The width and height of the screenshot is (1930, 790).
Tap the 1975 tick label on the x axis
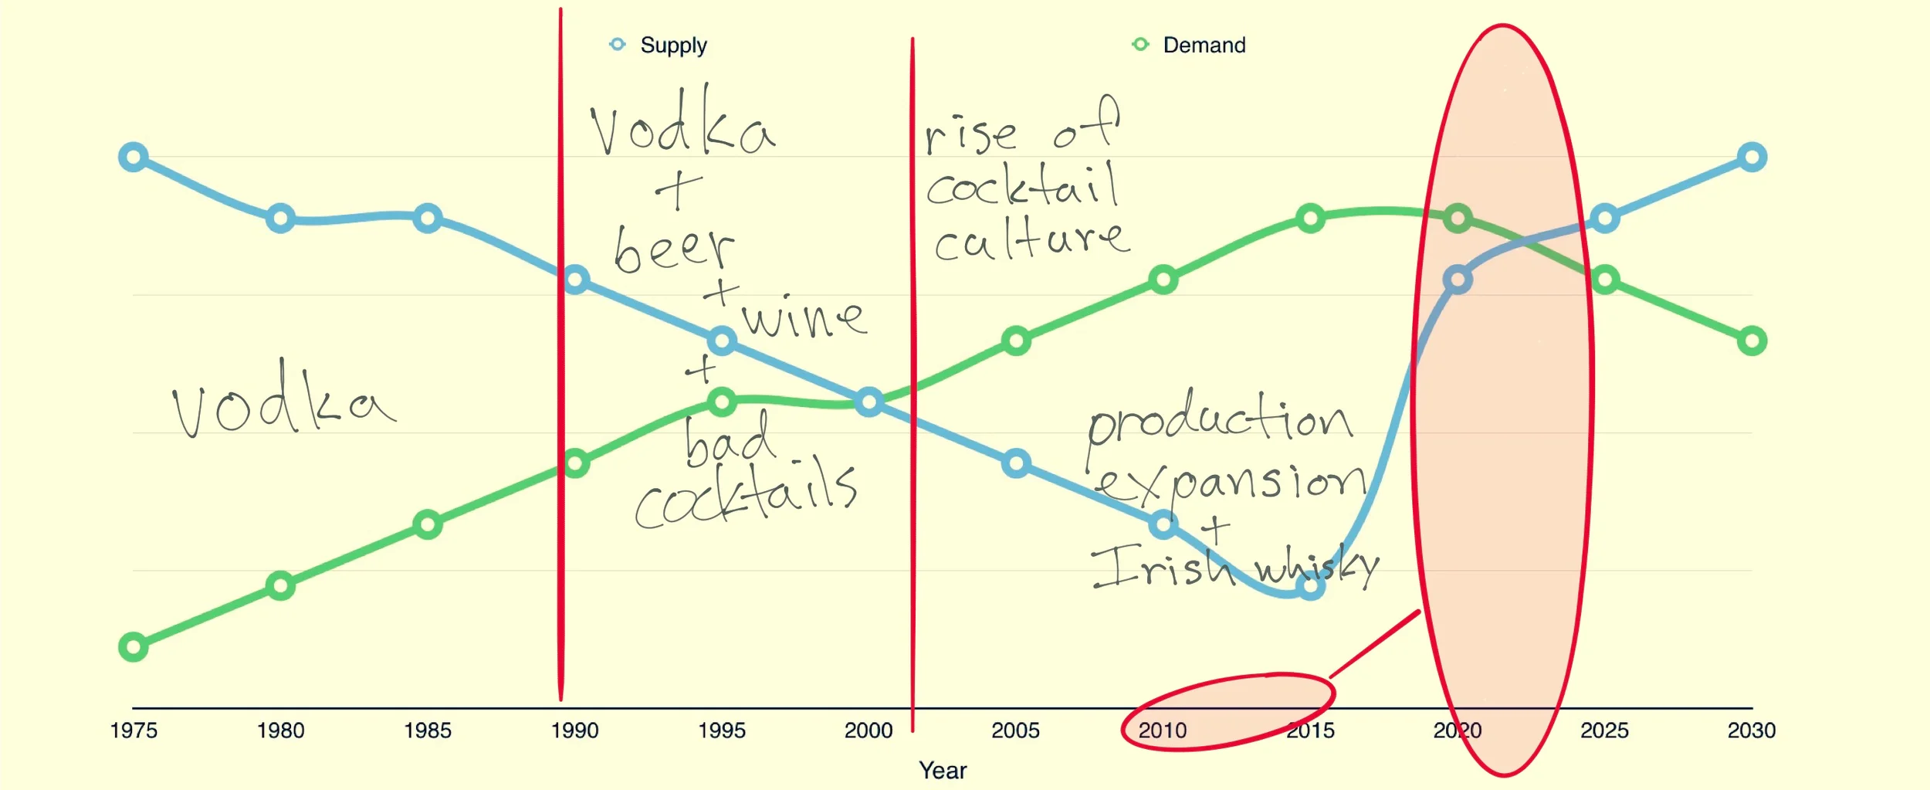(134, 730)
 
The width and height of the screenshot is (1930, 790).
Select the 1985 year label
(428, 730)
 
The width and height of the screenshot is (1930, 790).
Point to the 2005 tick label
(1015, 730)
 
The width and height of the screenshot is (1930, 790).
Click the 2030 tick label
(1751, 730)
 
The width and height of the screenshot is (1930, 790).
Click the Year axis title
(942, 770)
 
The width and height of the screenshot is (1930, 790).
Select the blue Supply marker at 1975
(134, 157)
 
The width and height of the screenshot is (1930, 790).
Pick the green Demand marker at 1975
(134, 646)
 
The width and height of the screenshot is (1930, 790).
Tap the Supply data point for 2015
(1310, 586)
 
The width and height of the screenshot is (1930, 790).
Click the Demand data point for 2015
(1310, 219)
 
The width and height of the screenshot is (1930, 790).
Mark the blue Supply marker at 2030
(1752, 158)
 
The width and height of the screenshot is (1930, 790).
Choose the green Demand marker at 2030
(1752, 341)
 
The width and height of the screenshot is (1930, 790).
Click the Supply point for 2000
(869, 402)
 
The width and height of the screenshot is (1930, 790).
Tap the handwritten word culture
(1031, 241)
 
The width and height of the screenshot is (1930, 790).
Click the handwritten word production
(1220, 421)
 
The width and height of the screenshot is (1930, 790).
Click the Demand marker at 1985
(428, 524)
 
